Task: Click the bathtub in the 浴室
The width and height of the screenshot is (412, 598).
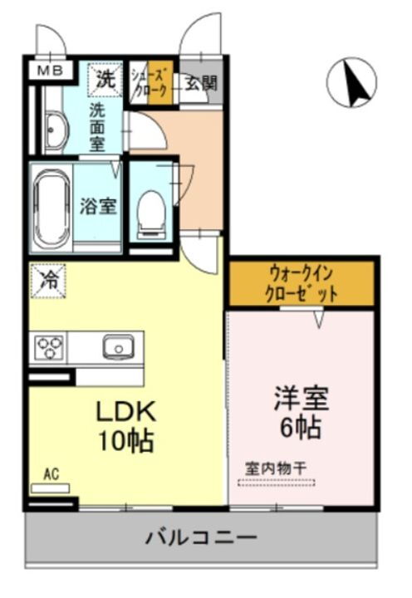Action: point(52,207)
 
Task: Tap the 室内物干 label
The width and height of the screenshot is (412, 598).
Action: point(275,468)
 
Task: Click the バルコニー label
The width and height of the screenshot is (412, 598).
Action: point(202,537)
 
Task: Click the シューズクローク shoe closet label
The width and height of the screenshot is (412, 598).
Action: point(150,81)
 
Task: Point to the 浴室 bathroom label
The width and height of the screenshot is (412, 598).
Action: point(97,205)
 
